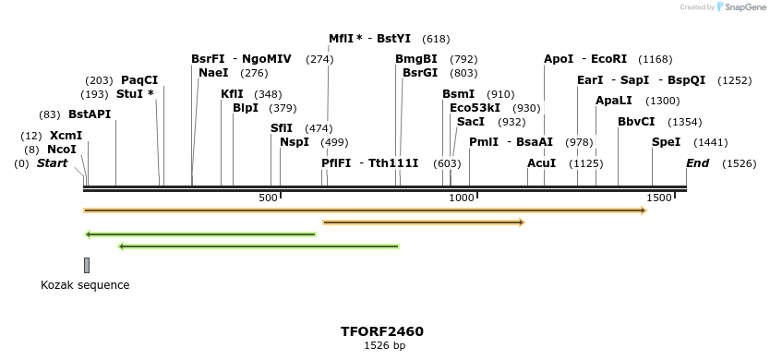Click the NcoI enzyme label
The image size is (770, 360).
(62, 150)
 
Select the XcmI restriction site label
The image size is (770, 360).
(66, 136)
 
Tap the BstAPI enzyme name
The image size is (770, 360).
(90, 114)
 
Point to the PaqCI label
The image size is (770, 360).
(139, 80)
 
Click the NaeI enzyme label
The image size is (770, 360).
(213, 73)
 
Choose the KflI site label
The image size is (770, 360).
(233, 94)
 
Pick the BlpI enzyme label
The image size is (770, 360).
(246, 108)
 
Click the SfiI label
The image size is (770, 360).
(282, 128)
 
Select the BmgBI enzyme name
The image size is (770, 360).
(416, 59)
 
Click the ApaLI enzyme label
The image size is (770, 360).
(614, 101)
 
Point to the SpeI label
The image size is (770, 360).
(666, 142)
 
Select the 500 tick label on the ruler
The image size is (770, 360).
(269, 198)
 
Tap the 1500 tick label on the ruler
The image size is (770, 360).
(659, 198)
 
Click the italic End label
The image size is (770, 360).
(698, 163)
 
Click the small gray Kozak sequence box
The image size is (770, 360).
(87, 266)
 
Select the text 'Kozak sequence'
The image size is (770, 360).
(85, 285)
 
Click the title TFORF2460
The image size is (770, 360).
(382, 331)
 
